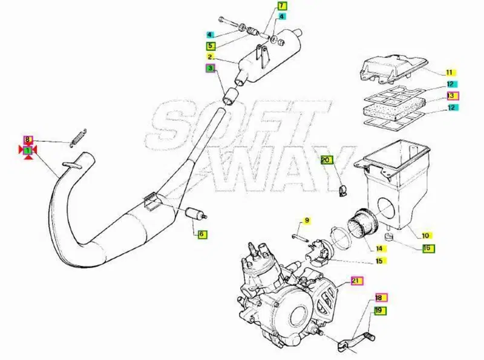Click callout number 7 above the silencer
pos(282,6)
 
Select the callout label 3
pos(211,68)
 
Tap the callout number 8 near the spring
pos(28,140)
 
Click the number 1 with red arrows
pos(28,150)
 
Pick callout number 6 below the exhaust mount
pos(202,234)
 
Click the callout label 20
pos(326,160)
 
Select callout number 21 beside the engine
pos(356,281)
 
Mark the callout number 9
pos(307,220)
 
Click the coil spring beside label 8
pos(78,138)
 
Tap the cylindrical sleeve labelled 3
pos(231,96)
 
